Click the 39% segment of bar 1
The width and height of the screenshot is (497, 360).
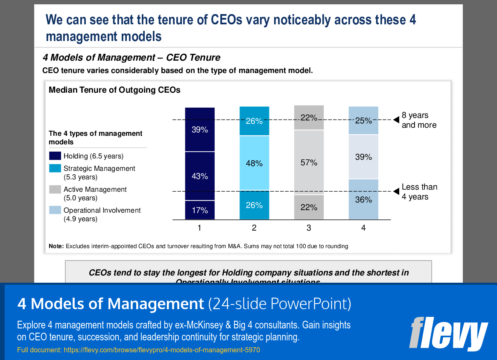(199, 129)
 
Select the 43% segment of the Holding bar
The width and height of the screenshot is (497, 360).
(199, 176)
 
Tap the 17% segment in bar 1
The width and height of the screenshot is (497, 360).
(199, 210)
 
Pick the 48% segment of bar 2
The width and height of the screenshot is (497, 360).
(254, 163)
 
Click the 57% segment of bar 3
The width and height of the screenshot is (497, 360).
(309, 162)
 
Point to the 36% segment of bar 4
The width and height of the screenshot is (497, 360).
(363, 199)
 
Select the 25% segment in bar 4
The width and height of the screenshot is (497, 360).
(363, 120)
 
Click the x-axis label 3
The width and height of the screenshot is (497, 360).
(309, 228)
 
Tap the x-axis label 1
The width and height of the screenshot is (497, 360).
(199, 228)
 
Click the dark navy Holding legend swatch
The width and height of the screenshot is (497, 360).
(55, 156)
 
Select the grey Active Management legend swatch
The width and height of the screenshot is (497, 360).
(55, 189)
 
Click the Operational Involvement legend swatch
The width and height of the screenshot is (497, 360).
(55, 210)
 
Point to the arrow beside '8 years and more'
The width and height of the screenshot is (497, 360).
(395, 120)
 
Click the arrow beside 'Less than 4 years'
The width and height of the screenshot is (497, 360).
(395, 192)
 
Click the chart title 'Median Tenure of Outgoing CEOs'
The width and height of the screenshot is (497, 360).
(114, 90)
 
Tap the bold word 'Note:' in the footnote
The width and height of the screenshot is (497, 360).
(56, 246)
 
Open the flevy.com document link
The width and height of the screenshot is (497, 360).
(161, 350)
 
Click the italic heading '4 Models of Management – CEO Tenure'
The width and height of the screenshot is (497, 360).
(132, 57)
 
